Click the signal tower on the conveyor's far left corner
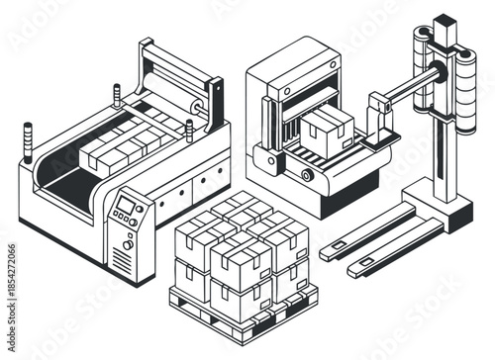(27, 135)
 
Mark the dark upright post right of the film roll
(215, 104)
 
